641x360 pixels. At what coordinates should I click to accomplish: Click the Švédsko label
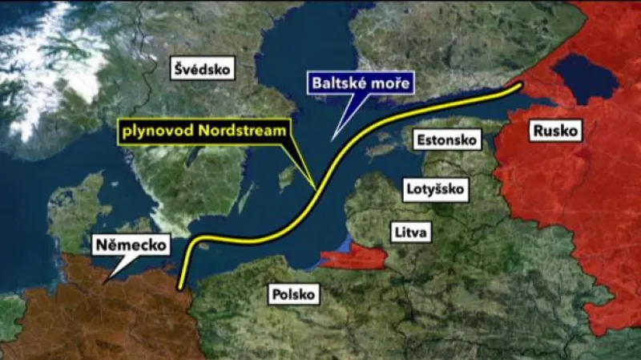click(x=204, y=71)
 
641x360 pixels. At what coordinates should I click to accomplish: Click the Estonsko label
click(x=448, y=140)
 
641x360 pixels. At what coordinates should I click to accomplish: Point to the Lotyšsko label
click(x=437, y=190)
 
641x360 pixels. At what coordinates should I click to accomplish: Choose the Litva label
click(x=412, y=233)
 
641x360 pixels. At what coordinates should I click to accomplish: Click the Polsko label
click(x=293, y=294)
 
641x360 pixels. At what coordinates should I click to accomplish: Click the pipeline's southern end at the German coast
click(x=181, y=287)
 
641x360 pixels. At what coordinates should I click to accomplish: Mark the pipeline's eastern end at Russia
click(x=521, y=83)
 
